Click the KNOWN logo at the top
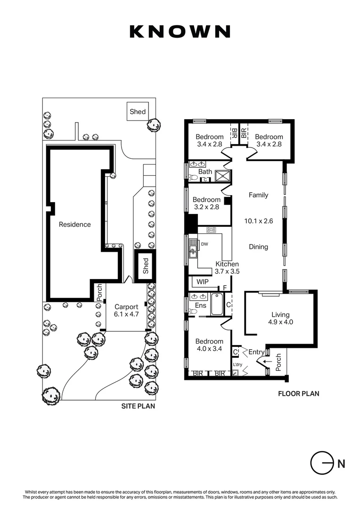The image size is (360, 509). pos(180,32)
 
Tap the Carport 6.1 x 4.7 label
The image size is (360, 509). pos(126,310)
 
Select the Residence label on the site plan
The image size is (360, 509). pos(74,224)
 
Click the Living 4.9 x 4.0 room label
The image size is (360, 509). pos(280,318)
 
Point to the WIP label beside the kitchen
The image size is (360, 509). pos(202,282)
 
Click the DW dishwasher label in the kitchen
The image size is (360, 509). pos(205,244)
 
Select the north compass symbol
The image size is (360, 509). pos(322,463)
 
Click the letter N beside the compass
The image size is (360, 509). pos(341,464)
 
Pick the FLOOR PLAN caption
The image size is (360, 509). pos(299,394)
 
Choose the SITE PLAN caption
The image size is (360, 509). pos(138,406)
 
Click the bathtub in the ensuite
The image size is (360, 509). pos(217,304)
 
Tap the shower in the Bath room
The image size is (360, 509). pos(223,176)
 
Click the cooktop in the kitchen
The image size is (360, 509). pos(211,230)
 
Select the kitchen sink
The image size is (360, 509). pos(193,248)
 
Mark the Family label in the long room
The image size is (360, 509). pos(258,195)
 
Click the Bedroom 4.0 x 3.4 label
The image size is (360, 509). pos(209,345)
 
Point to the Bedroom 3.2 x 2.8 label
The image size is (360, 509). pos(206,203)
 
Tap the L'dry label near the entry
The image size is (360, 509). pos(237,364)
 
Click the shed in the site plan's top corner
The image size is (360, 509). pos(138,111)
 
